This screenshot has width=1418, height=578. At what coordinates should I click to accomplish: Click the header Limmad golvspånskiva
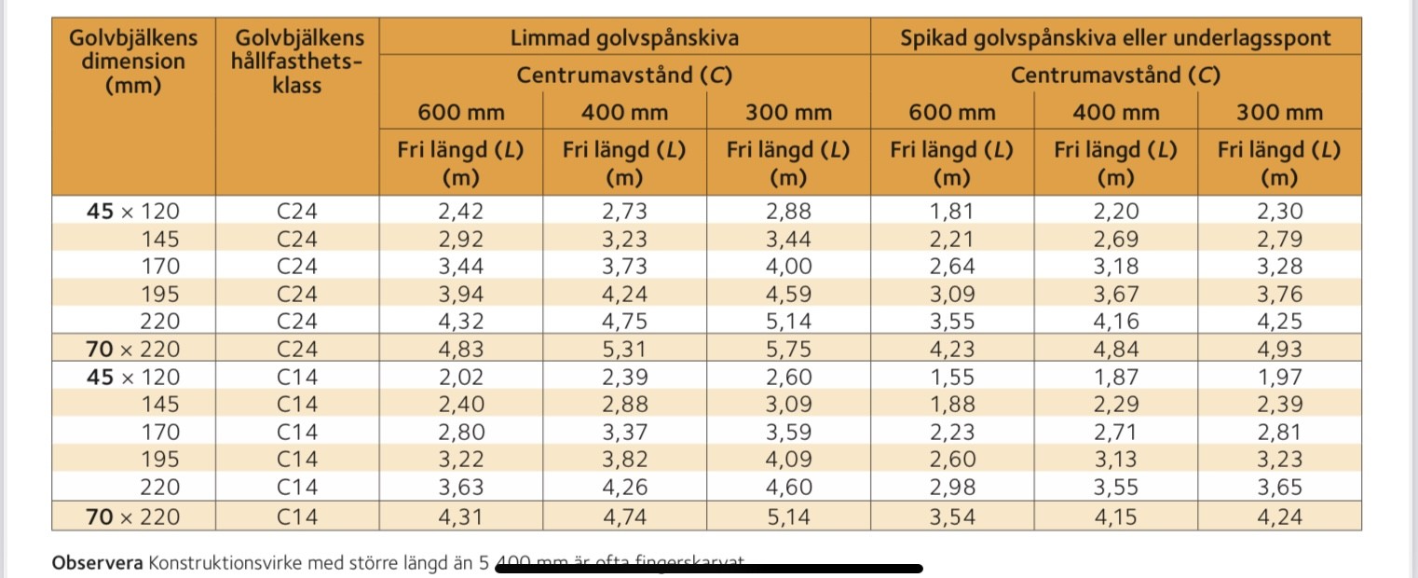coord(624,38)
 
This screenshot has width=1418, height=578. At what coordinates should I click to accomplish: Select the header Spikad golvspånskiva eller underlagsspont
coord(1115,38)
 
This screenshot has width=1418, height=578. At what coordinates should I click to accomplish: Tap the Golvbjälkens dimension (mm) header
coord(133,62)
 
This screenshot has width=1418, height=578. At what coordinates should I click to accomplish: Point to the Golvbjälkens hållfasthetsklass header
coord(297,62)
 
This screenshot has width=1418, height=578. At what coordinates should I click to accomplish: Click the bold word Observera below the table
coord(97,563)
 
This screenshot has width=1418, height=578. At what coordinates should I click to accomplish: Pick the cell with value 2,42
coord(460,211)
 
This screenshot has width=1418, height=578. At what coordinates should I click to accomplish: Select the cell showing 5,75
coord(788,350)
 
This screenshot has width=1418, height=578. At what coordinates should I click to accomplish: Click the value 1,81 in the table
coord(952,211)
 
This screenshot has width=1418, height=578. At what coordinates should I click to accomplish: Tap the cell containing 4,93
coord(1280,350)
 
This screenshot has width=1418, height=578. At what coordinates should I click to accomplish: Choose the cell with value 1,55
coord(952,377)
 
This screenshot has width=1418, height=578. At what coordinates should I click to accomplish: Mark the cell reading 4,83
coord(460,350)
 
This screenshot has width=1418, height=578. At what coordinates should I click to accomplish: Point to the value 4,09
coord(788,460)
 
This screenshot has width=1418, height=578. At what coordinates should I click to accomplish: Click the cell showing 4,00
coord(788,266)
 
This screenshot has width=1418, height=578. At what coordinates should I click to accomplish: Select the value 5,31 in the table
coord(624,350)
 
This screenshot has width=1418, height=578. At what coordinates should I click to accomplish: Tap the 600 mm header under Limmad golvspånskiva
coord(460,113)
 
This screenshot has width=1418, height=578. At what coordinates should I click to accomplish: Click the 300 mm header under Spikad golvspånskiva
coord(1280,113)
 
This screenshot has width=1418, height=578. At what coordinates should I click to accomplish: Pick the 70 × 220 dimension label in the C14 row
coord(133,516)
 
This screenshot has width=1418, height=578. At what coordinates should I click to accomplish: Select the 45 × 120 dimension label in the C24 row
coord(133,211)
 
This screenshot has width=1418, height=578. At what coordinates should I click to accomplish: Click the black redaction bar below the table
coord(708,568)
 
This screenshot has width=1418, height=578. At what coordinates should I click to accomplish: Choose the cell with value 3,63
coord(460,488)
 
